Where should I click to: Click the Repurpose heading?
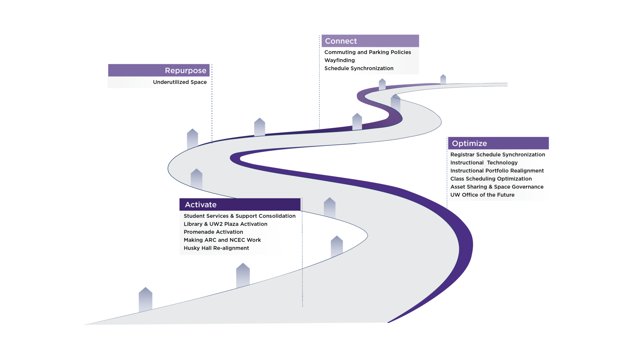point(185,71)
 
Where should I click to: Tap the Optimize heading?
point(469,143)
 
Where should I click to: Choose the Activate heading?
point(201,205)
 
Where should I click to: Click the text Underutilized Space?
point(180,82)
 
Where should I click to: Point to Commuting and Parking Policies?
point(367,52)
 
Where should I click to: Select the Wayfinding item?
point(339,60)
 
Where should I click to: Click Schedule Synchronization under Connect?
point(359,68)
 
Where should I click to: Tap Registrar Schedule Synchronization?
point(497,155)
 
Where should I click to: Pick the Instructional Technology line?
point(484,163)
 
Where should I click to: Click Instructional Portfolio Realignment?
point(497,171)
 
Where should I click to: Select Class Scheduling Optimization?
point(491,179)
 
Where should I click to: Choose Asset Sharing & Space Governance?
point(497,187)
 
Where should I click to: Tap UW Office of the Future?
point(482,195)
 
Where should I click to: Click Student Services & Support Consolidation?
point(239,216)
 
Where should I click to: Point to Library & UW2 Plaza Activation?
point(225,224)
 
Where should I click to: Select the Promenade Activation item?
point(213,232)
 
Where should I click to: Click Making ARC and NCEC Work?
point(222,240)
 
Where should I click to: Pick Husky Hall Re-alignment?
point(216,248)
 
